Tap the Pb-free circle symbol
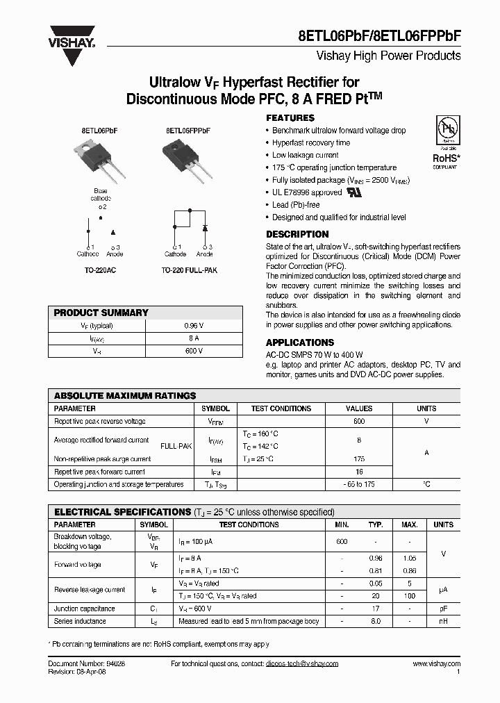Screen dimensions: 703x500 click(x=444, y=131)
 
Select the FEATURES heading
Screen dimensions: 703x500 click(x=290, y=118)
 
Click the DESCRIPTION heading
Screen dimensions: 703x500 click(x=297, y=234)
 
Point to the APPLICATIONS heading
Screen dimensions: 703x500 click(x=300, y=342)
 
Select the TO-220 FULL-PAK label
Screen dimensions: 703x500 click(x=189, y=270)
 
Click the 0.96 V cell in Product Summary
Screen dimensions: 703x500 click(x=194, y=326)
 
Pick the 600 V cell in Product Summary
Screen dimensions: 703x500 click(x=194, y=351)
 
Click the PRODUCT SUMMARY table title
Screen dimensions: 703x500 click(x=101, y=313)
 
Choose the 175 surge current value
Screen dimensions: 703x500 click(x=359, y=459)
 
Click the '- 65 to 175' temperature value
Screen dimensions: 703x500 click(x=359, y=484)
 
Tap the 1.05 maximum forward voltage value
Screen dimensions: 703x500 click(x=410, y=558)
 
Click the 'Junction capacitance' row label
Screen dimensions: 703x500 click(x=85, y=609)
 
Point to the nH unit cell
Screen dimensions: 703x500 click(x=443, y=621)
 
